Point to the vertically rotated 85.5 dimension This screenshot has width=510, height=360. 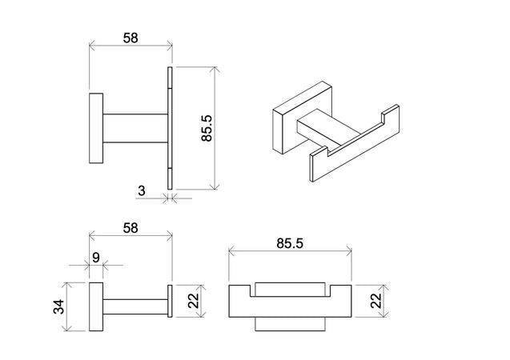pyautogui.click(x=207, y=127)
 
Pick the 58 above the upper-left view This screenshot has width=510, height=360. pyautogui.click(x=129, y=37)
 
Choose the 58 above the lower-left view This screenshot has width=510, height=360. pyautogui.click(x=129, y=227)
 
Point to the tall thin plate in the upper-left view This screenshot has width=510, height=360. pyautogui.click(x=171, y=127)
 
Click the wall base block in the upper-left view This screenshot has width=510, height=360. pyautogui.click(x=95, y=128)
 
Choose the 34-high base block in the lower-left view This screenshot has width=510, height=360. pyautogui.click(x=95, y=307)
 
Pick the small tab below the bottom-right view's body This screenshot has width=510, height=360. pyautogui.click(x=290, y=324)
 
